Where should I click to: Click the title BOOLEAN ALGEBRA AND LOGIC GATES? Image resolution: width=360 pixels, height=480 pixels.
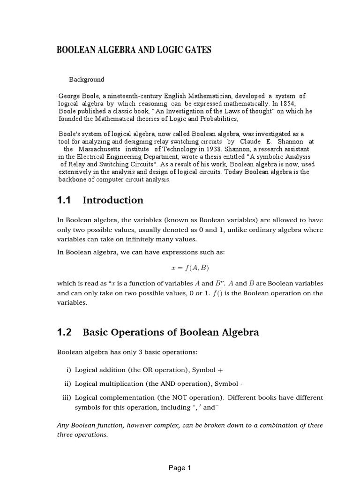tap(134, 50)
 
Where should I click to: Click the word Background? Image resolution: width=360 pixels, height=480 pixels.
tap(87, 80)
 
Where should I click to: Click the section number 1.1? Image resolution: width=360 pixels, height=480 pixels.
tap(64, 201)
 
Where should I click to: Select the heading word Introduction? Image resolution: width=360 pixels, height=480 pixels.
tap(113, 201)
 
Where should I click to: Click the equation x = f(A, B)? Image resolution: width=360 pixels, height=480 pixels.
tap(189, 268)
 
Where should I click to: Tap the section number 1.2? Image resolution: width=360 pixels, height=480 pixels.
tap(64, 333)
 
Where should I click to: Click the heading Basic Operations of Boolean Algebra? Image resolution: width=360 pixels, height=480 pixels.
tap(171, 333)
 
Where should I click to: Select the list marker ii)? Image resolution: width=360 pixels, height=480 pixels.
tap(67, 384)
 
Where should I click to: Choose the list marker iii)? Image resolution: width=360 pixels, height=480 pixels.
tap(66, 397)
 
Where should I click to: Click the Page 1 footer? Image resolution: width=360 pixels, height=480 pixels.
tap(180, 468)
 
